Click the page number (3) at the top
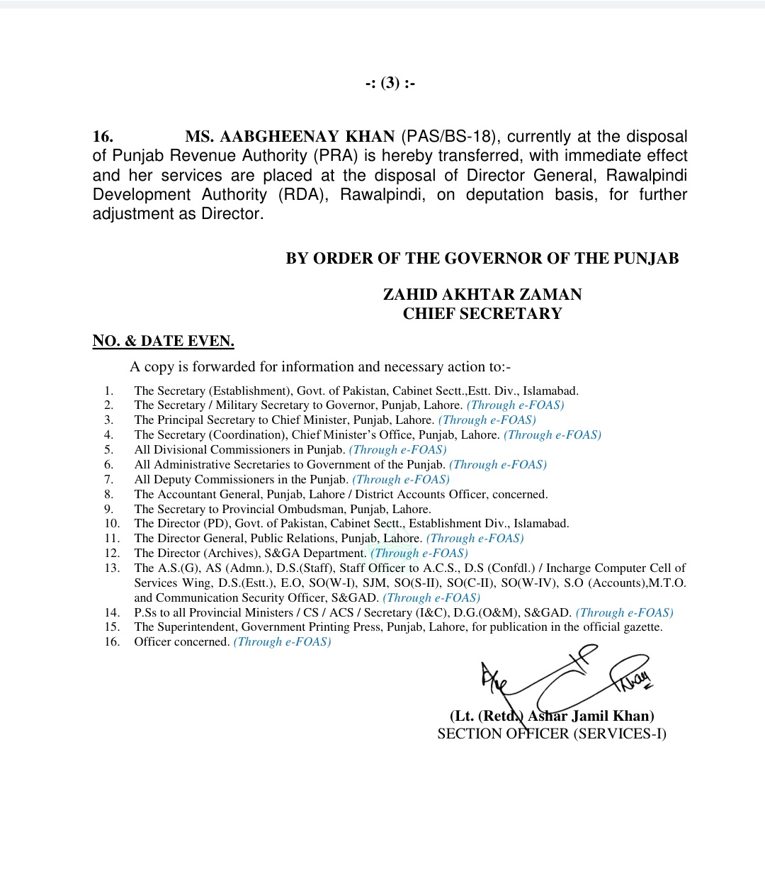click(390, 84)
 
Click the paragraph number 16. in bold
click(103, 136)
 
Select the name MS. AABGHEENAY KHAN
click(290, 136)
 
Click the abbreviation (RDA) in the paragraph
click(303, 195)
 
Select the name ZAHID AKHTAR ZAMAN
click(482, 294)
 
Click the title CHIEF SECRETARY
click(482, 314)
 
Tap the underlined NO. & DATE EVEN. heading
click(163, 341)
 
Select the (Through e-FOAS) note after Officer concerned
click(282, 641)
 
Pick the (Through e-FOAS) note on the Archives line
click(419, 553)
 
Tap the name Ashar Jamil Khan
click(590, 716)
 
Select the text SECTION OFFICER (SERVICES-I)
click(552, 734)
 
